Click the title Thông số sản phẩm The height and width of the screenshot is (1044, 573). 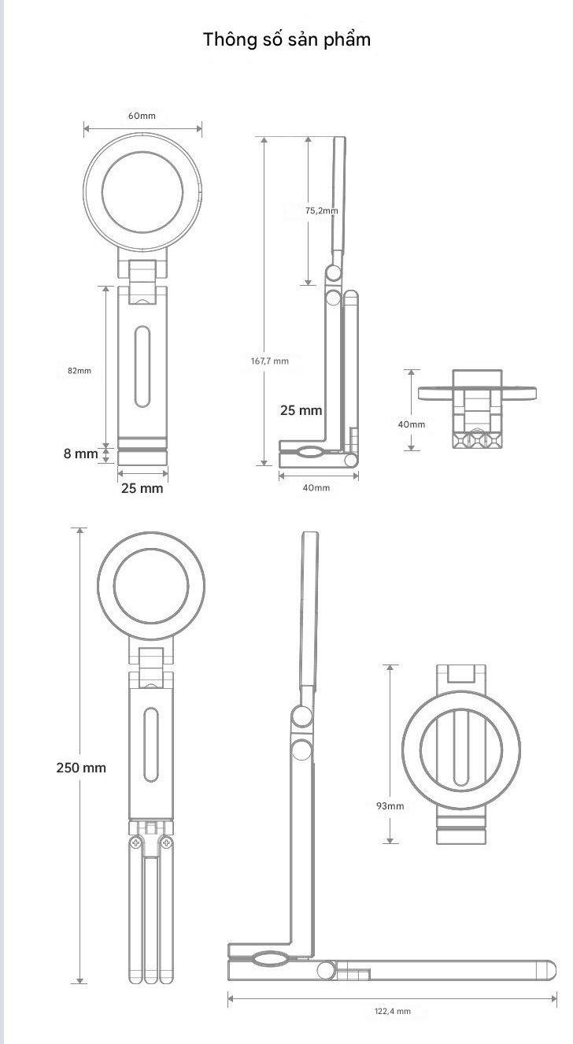coord(286,39)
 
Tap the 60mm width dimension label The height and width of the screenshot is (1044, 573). coord(142,116)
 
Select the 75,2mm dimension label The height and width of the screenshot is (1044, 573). coord(321,210)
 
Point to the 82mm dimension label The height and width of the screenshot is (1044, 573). coord(79,370)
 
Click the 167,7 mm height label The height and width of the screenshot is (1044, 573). coord(269,361)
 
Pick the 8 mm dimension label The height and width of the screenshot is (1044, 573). coord(81,454)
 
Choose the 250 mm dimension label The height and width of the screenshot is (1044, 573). coord(81,767)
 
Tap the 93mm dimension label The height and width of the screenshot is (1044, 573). coord(390,805)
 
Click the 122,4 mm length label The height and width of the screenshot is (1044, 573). coord(392,1011)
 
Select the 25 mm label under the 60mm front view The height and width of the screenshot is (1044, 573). coord(142,488)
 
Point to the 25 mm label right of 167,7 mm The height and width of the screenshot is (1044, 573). coord(301,410)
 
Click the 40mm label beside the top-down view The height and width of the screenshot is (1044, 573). coord(411,424)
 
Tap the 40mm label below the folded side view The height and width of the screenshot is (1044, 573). coord(316,487)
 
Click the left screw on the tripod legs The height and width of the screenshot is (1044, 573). coord(136,843)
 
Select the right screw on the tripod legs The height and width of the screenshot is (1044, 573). coord(166,843)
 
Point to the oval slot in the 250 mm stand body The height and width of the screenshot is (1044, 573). coord(151,745)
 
